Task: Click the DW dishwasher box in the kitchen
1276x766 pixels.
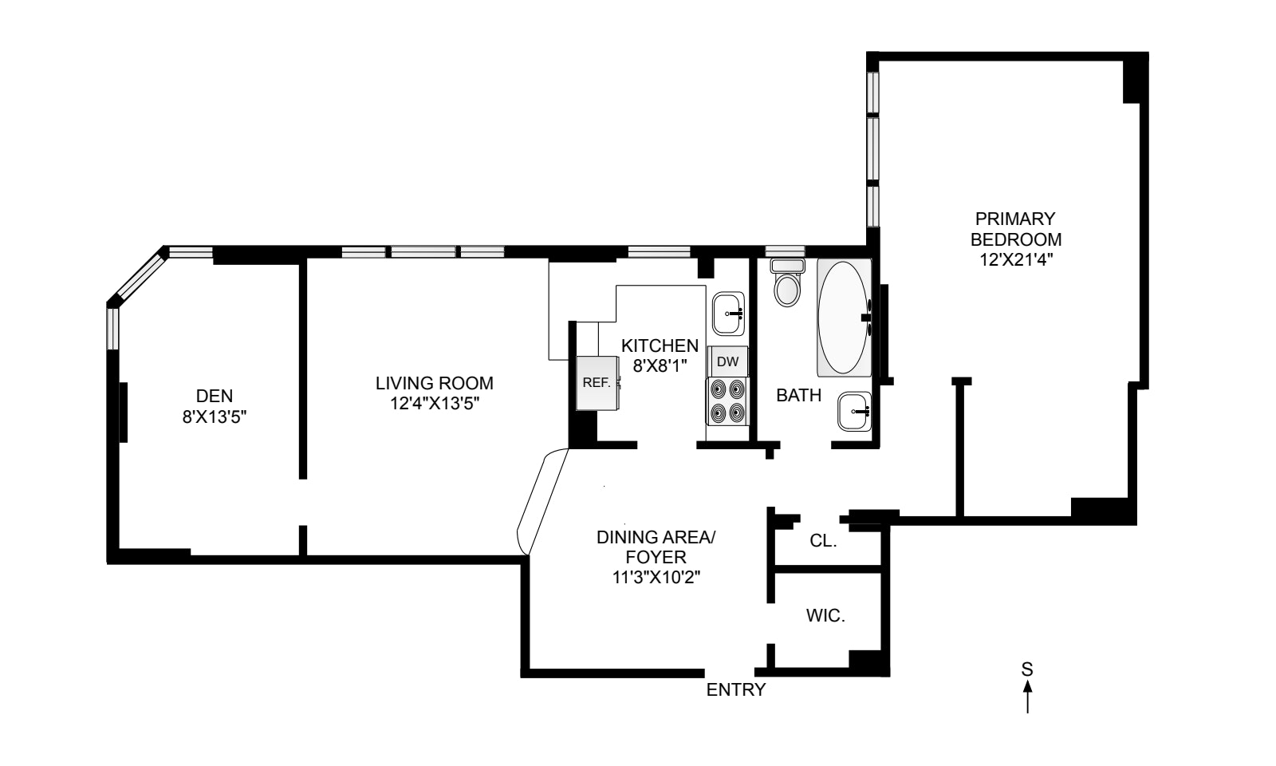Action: (727, 361)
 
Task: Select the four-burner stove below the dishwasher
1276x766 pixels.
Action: (727, 401)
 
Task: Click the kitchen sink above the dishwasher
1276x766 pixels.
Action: (728, 314)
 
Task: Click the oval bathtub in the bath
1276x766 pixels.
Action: (844, 318)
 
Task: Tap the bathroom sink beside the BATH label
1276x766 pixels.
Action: (854, 412)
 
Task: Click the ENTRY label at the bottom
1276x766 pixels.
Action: (735, 690)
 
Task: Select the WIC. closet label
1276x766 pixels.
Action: (825, 616)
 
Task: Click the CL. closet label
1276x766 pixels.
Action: (823, 541)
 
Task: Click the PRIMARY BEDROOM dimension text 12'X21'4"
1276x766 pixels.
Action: (1015, 260)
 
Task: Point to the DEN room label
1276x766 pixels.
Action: (215, 395)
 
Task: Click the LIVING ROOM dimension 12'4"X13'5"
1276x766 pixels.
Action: (435, 404)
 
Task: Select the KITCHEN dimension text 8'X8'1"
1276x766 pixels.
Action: (660, 366)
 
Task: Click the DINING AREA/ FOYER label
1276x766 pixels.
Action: (656, 547)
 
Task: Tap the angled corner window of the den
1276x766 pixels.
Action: (137, 276)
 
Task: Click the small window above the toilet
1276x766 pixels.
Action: (786, 252)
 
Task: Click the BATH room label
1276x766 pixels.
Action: (798, 395)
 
